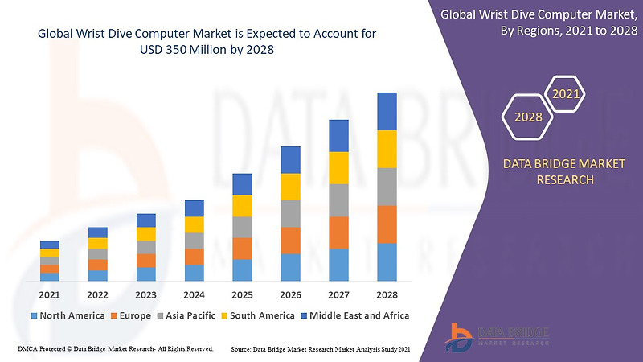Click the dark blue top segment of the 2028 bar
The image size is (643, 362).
click(x=387, y=111)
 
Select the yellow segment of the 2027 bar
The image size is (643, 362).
click(x=338, y=167)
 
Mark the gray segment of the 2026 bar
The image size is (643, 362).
click(x=290, y=213)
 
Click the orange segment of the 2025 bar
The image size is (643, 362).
click(x=242, y=249)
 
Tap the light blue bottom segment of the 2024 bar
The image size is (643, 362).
click(x=194, y=273)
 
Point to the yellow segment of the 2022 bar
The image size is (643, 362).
click(x=98, y=243)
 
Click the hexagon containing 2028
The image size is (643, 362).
click(x=527, y=117)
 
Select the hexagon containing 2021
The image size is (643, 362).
click(x=566, y=94)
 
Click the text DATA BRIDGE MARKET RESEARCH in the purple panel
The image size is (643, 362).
click(x=563, y=171)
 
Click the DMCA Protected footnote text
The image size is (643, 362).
click(x=114, y=349)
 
